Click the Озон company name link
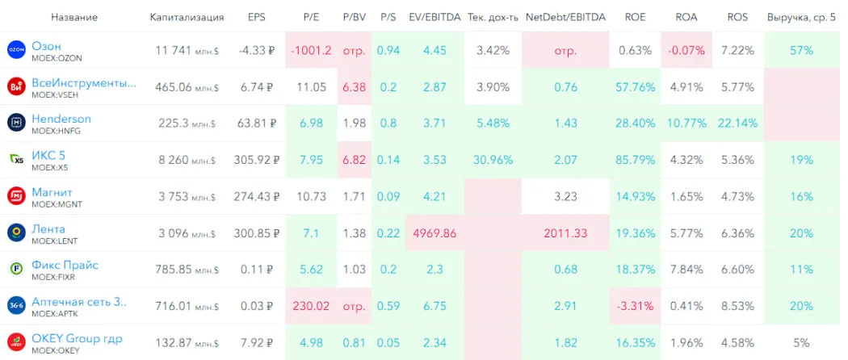[46, 46]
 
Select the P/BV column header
[355, 17]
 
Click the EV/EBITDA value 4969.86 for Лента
[434, 232]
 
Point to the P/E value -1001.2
[311, 50]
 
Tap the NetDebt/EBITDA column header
[565, 17]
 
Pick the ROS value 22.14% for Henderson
[737, 123]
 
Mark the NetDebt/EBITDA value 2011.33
[565, 232]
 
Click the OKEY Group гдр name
[77, 338]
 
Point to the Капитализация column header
[187, 17]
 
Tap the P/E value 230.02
[311, 306]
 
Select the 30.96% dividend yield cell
[494, 160]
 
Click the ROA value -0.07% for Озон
[686, 50]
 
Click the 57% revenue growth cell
[802, 50]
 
